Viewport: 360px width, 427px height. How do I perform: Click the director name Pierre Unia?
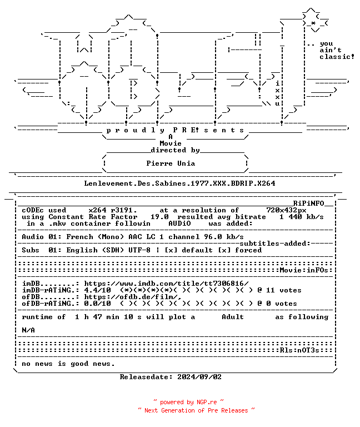[x=171, y=163]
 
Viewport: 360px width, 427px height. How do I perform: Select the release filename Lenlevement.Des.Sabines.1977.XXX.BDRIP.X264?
[x=179, y=183]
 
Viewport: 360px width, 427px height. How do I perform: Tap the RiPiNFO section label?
[x=308, y=203]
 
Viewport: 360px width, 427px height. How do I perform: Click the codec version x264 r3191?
[x=113, y=210]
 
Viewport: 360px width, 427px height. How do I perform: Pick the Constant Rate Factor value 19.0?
[x=160, y=217]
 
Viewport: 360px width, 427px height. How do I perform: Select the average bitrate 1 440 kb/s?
[x=302, y=217]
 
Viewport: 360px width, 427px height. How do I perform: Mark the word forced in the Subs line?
[x=248, y=250]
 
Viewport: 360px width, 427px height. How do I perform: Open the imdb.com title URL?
[x=166, y=284]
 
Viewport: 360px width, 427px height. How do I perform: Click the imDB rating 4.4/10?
[x=97, y=290]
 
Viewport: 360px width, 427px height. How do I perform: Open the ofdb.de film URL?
[x=133, y=297]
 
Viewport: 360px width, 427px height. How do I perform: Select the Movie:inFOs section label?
[x=304, y=270]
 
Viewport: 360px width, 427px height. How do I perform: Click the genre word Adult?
[x=233, y=317]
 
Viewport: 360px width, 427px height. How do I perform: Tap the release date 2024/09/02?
[x=199, y=377]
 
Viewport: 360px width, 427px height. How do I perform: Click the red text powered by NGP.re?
[x=188, y=402]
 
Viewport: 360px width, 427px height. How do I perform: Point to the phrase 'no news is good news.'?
[x=68, y=364]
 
